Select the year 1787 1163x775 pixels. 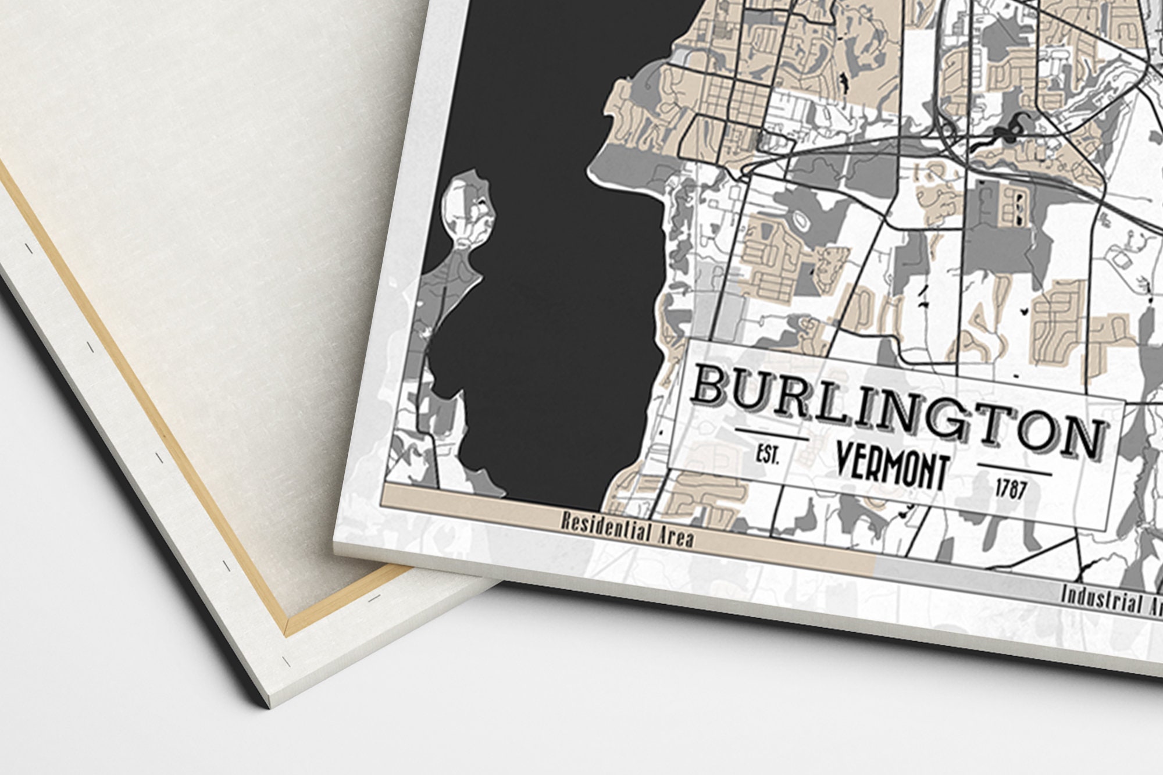pyautogui.click(x=1010, y=490)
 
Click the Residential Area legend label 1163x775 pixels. pyautogui.click(x=627, y=528)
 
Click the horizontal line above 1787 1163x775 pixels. pyautogui.click(x=1015, y=469)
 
